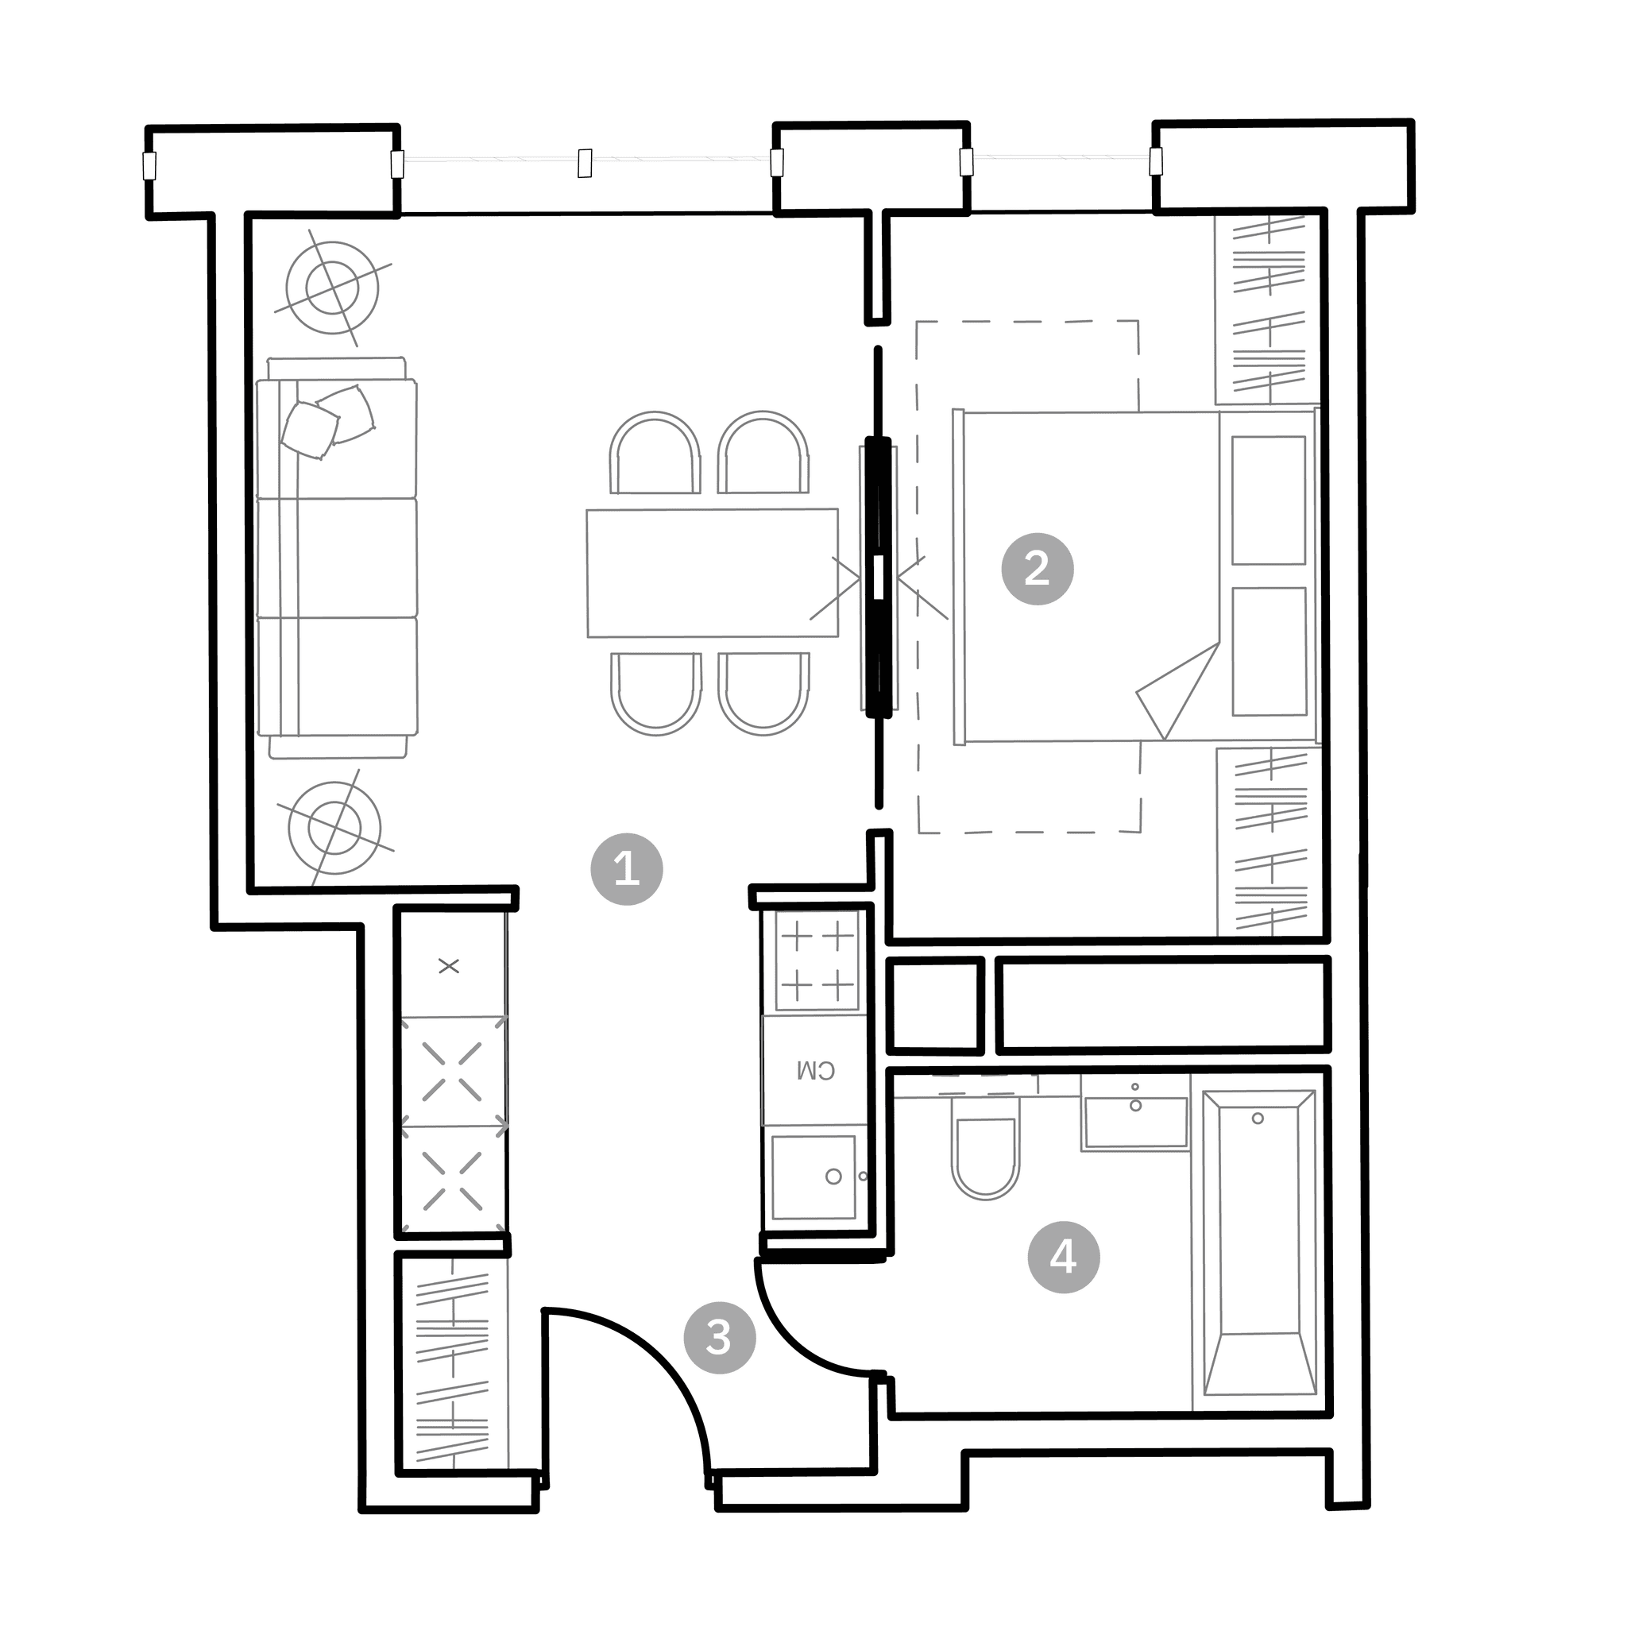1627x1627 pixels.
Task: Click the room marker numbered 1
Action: pos(627,869)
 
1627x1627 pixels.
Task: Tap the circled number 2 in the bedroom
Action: pos(1038,569)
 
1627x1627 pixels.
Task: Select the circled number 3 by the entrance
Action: pos(719,1337)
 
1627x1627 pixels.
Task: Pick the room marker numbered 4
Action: pos(1064,1258)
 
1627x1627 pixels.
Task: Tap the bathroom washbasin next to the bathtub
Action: pos(1135,1123)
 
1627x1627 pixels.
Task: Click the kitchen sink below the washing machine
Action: pos(814,1177)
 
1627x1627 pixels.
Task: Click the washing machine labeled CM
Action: pos(814,1070)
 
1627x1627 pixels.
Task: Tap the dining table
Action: pos(713,573)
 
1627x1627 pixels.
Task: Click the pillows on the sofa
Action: pos(327,421)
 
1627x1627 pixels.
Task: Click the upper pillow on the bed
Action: pos(1268,500)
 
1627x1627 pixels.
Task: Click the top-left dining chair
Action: pos(655,453)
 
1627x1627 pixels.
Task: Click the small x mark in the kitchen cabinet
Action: pos(449,966)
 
